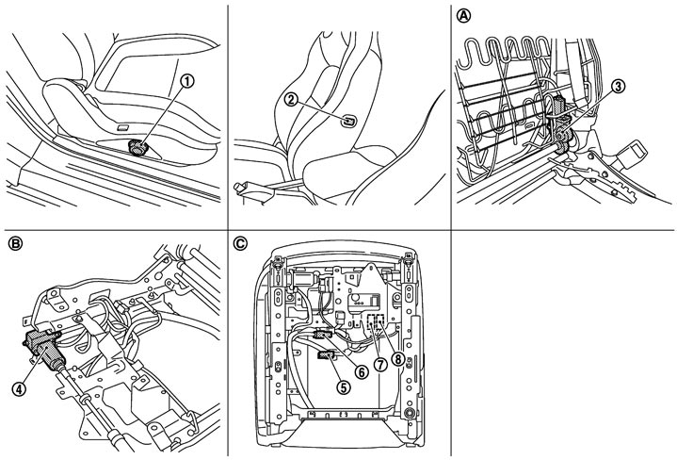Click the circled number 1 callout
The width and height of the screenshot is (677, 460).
tap(187, 81)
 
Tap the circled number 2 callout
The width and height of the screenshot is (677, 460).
tap(292, 99)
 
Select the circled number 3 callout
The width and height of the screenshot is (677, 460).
tap(618, 87)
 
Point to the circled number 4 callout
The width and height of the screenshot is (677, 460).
tap(19, 388)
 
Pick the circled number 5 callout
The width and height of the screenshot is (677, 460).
tap(344, 386)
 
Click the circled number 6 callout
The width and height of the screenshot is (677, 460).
tap(361, 370)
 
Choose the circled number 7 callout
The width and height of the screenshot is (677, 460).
tap(380, 365)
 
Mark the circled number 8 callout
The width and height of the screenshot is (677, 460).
tap(397, 358)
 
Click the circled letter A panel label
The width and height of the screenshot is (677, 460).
tap(464, 16)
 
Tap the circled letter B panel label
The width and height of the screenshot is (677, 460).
tap(15, 244)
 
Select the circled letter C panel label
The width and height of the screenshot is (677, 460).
tap(240, 244)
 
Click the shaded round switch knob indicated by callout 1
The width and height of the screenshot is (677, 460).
tap(138, 147)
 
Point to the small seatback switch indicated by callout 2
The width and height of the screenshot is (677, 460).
tap(347, 121)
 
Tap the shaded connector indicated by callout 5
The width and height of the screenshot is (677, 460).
tap(326, 355)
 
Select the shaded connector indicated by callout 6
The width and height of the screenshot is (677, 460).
tap(324, 335)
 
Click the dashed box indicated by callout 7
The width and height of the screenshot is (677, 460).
tap(371, 321)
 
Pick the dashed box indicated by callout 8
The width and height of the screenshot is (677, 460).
tap(380, 321)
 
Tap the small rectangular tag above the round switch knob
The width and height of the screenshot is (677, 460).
tap(123, 127)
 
